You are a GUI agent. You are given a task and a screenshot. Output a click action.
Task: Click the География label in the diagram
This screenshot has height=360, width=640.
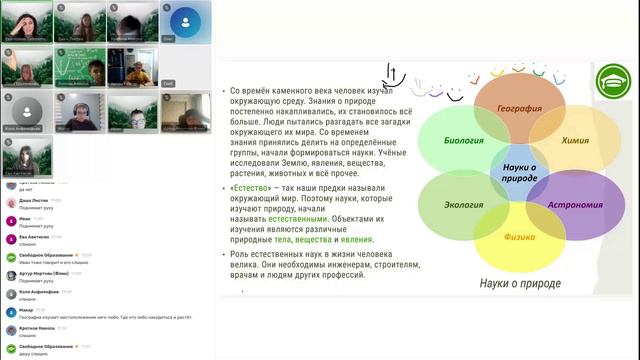click(x=520, y=108)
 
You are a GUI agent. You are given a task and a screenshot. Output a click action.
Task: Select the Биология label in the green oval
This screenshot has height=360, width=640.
click(x=464, y=141)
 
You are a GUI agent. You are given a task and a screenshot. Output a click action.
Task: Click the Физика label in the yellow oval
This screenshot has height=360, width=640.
click(x=519, y=238)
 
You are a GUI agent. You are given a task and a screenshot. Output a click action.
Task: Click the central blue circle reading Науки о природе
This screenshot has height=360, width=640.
click(x=520, y=173)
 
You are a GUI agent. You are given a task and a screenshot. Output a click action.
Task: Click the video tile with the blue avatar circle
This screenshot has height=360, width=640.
click(x=184, y=21)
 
